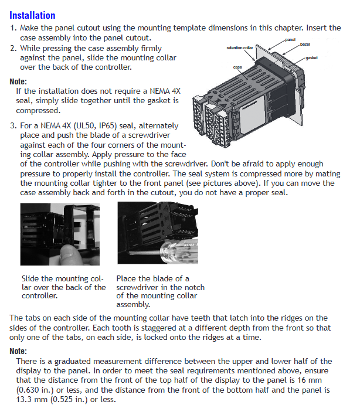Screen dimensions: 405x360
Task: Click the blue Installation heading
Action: tap(33, 15)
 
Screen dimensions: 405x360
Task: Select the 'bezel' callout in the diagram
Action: tap(305, 44)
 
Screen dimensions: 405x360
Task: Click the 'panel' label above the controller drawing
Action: tap(290, 39)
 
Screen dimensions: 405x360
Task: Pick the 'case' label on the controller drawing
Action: tap(237, 67)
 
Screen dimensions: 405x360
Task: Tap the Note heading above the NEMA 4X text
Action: tap(18, 81)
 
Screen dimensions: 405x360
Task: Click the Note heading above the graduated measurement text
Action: tap(18, 351)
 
